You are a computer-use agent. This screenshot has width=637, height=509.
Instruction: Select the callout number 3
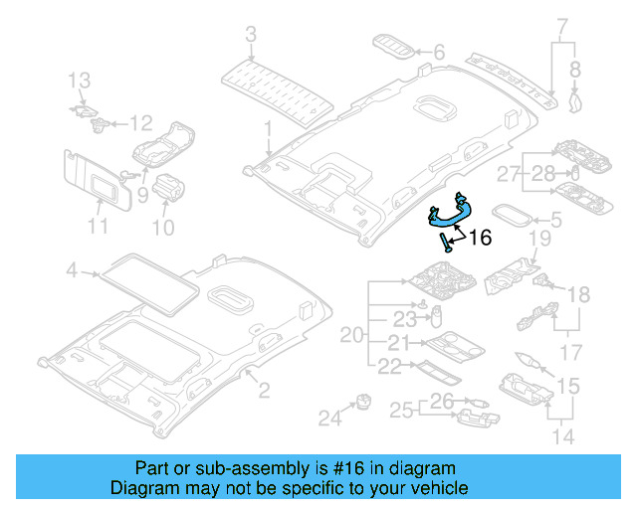click(x=250, y=36)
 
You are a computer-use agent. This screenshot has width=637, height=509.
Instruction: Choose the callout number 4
click(x=71, y=269)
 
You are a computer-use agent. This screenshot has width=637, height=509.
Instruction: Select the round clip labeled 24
click(x=361, y=403)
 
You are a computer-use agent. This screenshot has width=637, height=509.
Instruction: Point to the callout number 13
click(x=79, y=80)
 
